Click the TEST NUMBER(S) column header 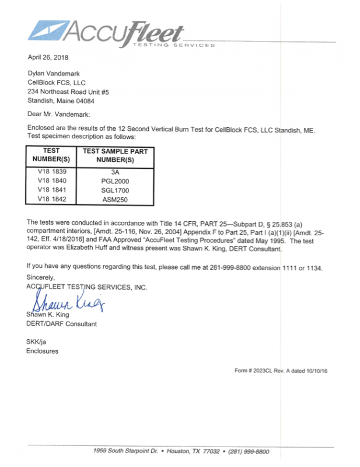(51, 155)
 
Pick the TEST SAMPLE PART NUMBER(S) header (114, 155)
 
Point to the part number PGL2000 (114, 181)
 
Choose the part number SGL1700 (114, 190)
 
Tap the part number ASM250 (114, 199)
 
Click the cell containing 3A (114, 172)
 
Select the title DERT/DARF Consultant (61, 324)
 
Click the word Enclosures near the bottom (42, 351)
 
